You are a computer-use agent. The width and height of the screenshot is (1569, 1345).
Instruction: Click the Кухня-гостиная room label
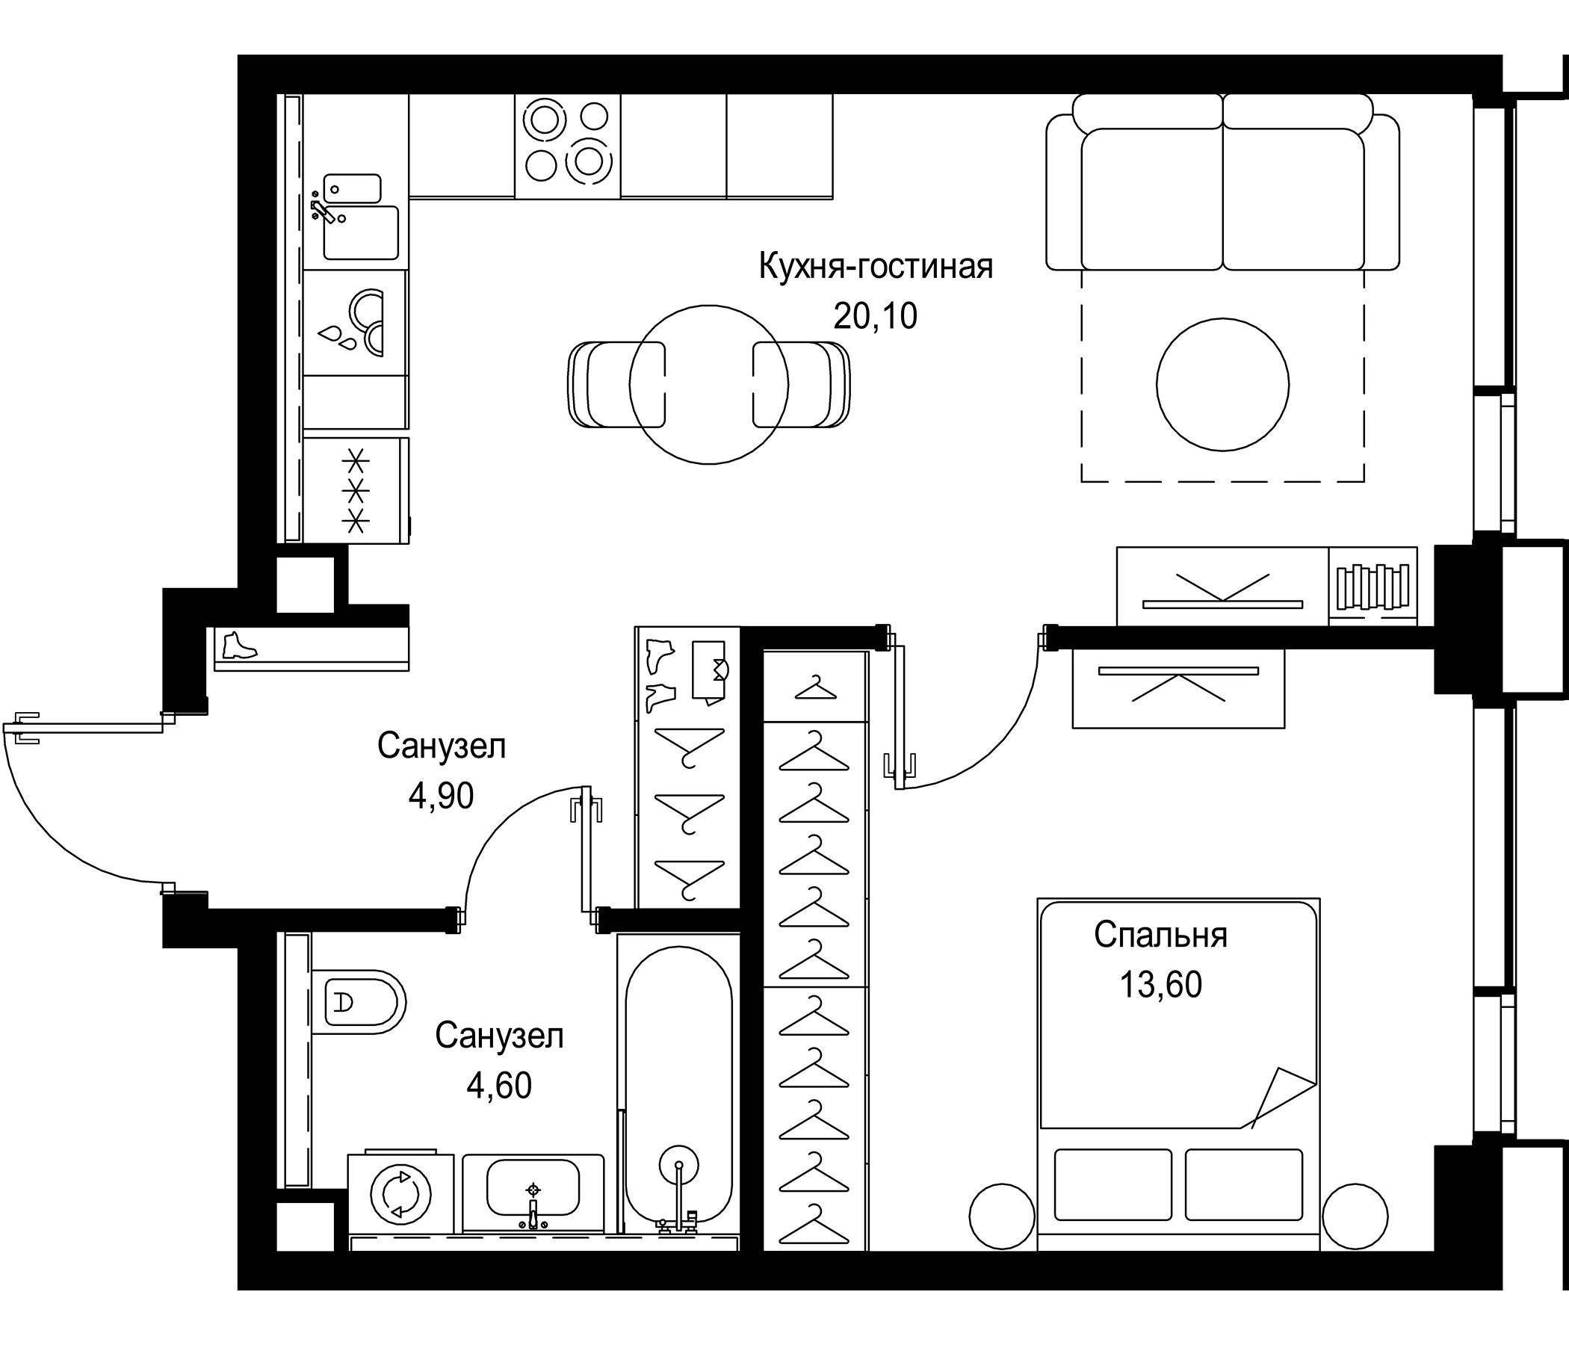click(x=876, y=267)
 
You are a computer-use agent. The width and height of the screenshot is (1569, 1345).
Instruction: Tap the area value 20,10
click(x=876, y=317)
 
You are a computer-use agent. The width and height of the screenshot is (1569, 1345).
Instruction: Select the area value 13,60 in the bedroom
click(x=1160, y=986)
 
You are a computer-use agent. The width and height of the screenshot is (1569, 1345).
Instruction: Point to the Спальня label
click(x=1160, y=936)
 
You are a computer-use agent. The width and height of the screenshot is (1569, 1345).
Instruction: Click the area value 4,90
click(x=441, y=796)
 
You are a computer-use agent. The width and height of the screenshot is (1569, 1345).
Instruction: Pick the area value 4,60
click(x=499, y=1086)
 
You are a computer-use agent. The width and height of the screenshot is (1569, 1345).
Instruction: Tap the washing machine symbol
click(x=400, y=1195)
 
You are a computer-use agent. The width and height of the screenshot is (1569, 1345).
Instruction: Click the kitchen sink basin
click(x=360, y=232)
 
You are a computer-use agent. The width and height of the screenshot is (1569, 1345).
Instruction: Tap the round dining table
click(x=709, y=385)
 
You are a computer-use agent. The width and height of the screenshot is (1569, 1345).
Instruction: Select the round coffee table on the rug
click(x=1222, y=385)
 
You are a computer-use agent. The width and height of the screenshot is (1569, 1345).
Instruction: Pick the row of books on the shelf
click(x=1372, y=586)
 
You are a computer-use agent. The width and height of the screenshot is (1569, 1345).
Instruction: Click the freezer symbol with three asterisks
click(x=356, y=490)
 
